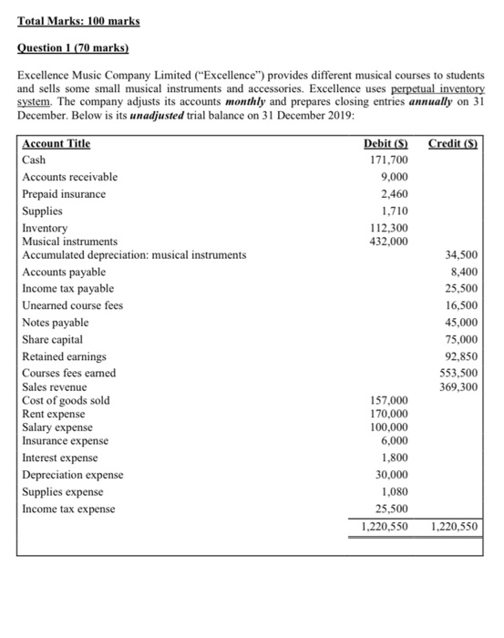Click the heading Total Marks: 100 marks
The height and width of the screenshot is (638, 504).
click(x=76, y=20)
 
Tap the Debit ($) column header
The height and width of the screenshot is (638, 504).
click(x=386, y=144)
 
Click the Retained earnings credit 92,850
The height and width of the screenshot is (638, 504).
click(x=462, y=356)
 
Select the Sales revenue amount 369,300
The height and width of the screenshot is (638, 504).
click(x=458, y=387)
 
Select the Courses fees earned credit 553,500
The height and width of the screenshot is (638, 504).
click(x=458, y=374)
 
